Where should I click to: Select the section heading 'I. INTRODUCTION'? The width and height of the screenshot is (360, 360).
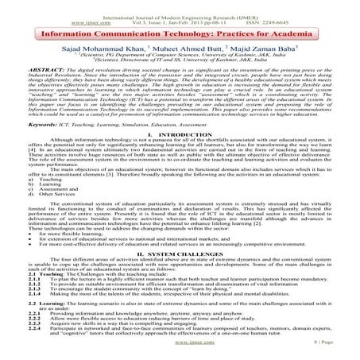click(180, 135)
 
